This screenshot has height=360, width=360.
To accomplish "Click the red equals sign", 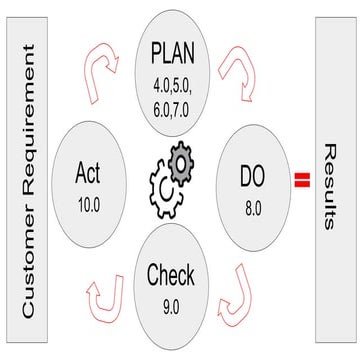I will click(x=298, y=181).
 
